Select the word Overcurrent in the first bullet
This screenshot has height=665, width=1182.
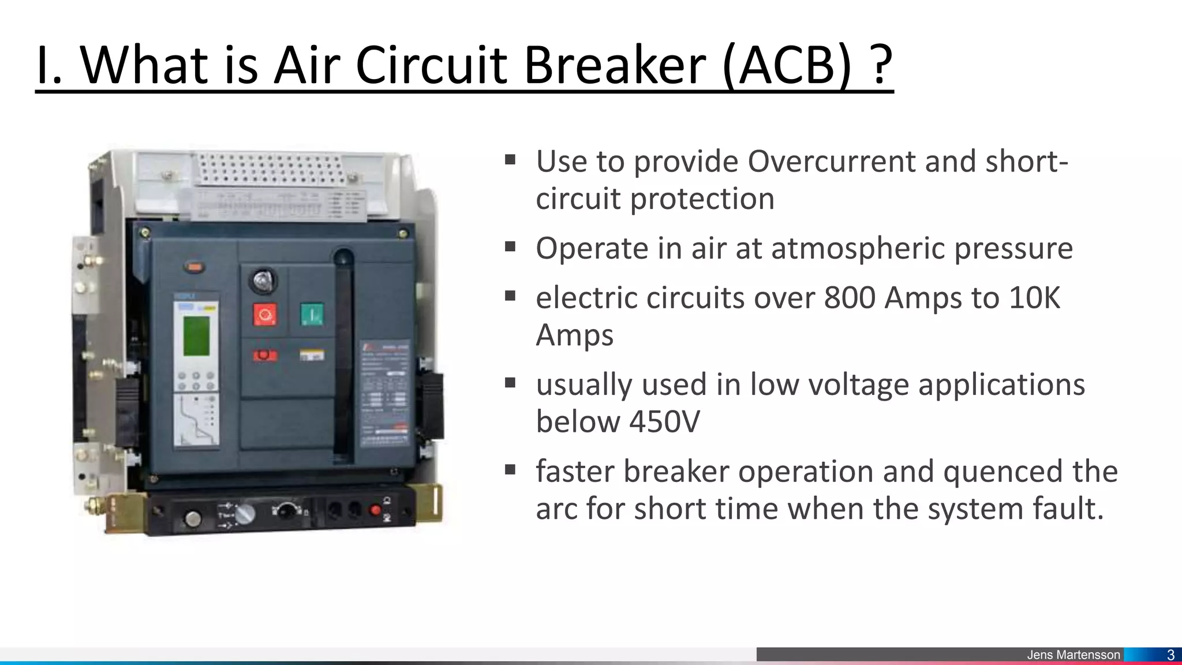(x=831, y=161)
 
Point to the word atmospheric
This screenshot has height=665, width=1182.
(x=858, y=249)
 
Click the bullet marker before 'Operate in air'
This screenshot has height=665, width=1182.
(x=510, y=247)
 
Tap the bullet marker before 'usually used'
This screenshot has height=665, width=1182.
(x=510, y=383)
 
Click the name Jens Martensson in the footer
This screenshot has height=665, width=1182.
(x=1073, y=655)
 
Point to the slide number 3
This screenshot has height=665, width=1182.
(x=1170, y=655)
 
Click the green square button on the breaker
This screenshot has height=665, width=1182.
(x=312, y=315)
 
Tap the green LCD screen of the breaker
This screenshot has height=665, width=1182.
(x=197, y=336)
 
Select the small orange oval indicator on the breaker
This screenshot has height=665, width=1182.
(x=194, y=267)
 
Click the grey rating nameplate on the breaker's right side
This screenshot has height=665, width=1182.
(x=386, y=393)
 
